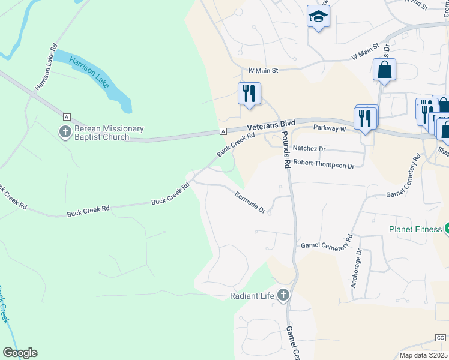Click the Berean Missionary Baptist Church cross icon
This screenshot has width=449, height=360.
coord(65,131)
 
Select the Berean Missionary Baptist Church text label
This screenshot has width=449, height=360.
coord(109,133)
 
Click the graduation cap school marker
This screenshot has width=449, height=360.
coord(318,17)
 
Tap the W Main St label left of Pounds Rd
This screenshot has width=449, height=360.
coord(263,70)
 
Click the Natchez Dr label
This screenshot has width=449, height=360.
coord(309,148)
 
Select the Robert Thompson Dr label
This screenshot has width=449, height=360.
coord(328,164)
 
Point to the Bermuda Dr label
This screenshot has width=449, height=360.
coord(250,201)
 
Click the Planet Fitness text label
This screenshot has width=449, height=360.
coord(415,229)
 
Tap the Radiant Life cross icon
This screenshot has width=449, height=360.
coord(283,295)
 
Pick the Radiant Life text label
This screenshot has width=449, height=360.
coord(252,296)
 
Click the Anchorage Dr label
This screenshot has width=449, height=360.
coord(357,268)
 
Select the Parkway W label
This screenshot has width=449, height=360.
coord(330,128)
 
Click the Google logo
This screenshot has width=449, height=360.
coord(20,353)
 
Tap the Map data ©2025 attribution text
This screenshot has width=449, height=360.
coord(423,355)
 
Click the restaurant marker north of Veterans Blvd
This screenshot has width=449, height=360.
coord(249,94)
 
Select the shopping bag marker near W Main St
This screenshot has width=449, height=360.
coord(384,70)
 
